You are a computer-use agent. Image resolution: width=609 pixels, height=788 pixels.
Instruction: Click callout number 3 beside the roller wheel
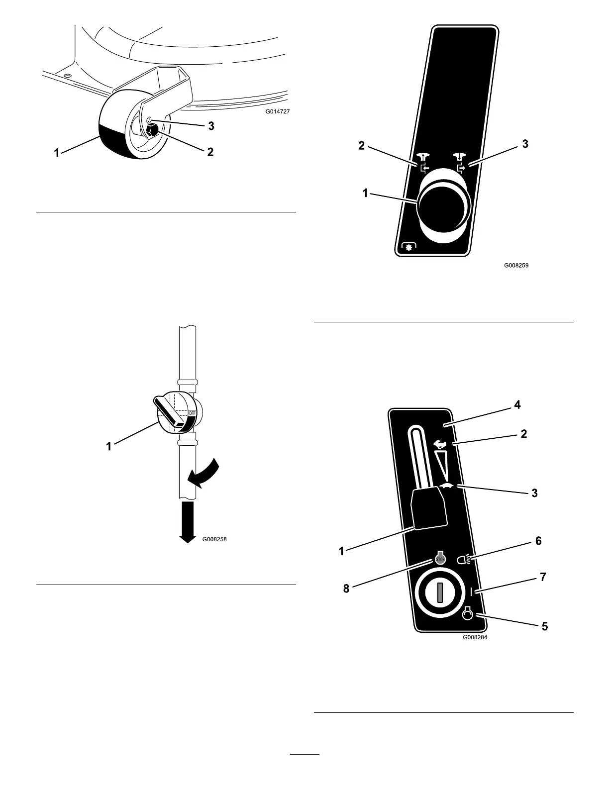tap(211, 126)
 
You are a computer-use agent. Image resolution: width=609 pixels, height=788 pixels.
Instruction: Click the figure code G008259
tap(516, 265)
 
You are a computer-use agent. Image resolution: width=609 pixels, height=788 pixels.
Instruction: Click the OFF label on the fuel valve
tap(193, 413)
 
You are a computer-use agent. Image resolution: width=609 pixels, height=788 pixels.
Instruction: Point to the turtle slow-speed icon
tap(446, 486)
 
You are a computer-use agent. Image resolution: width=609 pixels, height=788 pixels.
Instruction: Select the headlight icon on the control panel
tap(464, 560)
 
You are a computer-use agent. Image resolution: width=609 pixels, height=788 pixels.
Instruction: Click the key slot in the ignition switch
tap(439, 593)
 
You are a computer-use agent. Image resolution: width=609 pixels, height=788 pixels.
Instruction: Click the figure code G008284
tap(475, 637)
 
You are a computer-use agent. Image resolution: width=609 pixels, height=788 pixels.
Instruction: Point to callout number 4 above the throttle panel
tap(517, 404)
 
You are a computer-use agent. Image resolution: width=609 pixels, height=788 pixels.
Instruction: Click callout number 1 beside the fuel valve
tap(109, 447)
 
